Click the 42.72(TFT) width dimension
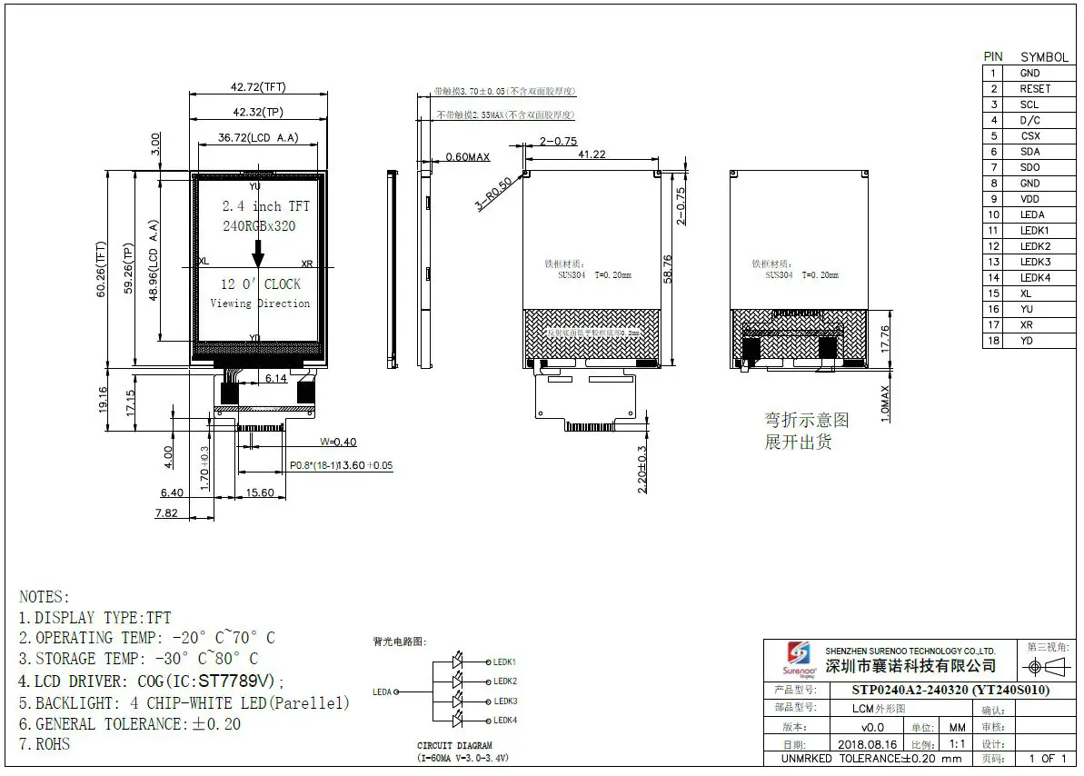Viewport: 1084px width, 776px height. click(x=258, y=87)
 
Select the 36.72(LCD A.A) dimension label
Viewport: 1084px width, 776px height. click(x=258, y=138)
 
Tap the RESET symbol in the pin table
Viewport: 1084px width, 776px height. click(x=1034, y=89)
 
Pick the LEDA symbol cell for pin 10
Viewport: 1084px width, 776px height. click(x=1032, y=214)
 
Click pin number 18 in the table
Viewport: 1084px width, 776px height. click(x=994, y=341)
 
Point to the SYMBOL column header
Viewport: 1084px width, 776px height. click(x=1044, y=57)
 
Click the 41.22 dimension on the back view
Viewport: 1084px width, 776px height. click(x=592, y=154)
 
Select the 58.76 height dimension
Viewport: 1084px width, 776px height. click(x=669, y=268)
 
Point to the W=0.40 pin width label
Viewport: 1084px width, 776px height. click(x=337, y=443)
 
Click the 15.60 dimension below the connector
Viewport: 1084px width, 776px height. click(x=260, y=492)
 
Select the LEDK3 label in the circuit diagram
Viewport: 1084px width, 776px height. click(x=504, y=701)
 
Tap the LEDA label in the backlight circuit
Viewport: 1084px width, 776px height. click(x=383, y=692)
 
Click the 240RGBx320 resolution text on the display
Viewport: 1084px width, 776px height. click(x=259, y=226)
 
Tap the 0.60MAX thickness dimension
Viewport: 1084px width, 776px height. click(x=467, y=157)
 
